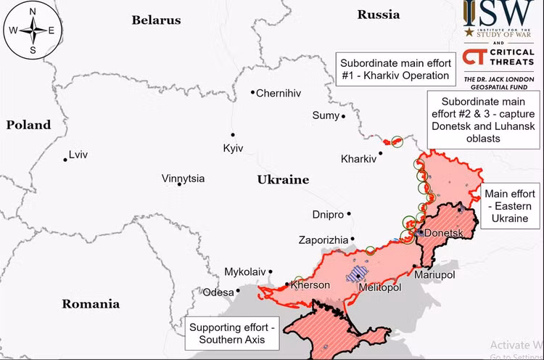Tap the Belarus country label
[156, 20]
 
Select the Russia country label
[378, 15]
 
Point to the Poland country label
[29, 125]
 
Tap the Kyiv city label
[233, 148]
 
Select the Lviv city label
[78, 155]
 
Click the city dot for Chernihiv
[252, 92]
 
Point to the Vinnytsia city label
[183, 179]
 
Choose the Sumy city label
[325, 115]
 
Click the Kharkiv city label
[358, 159]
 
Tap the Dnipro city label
[327, 215]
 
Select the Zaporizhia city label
[323, 240]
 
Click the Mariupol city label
[434, 275]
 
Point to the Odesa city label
[218, 292]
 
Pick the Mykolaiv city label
[244, 271]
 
